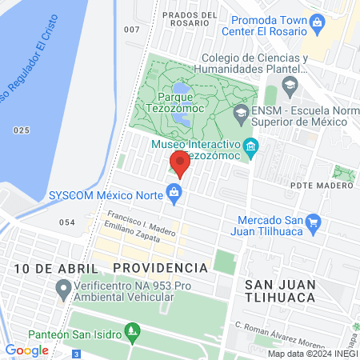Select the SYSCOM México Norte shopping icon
click(173, 192)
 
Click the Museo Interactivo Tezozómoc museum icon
click(251, 146)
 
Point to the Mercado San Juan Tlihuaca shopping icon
click(314, 222)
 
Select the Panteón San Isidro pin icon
click(134, 330)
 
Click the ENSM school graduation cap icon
click(240, 114)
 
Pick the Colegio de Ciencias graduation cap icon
click(290, 84)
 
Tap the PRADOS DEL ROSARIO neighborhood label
click(190, 20)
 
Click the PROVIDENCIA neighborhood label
click(160, 266)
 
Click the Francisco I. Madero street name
click(141, 224)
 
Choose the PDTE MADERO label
click(323, 186)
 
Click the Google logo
click(26, 350)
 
